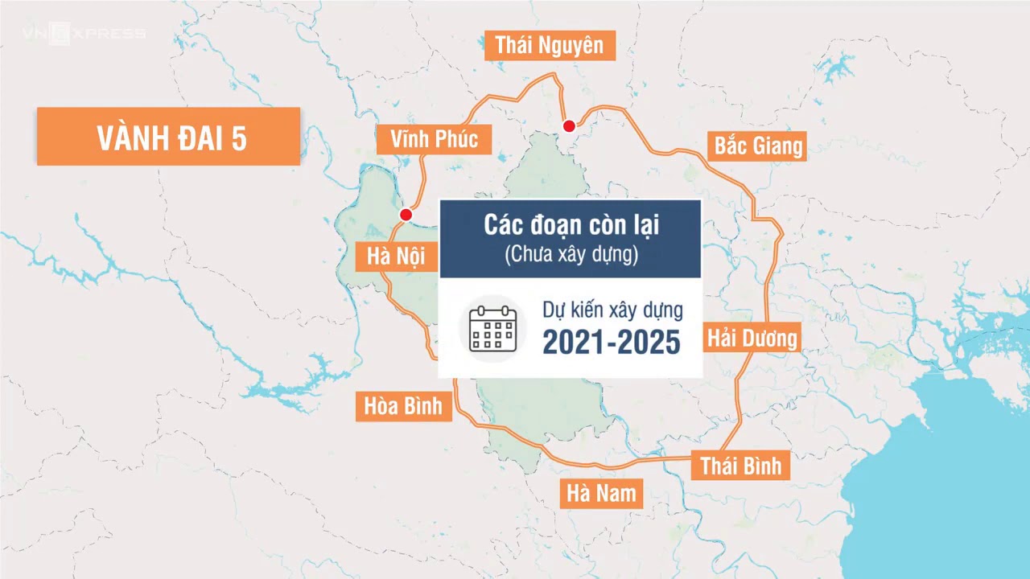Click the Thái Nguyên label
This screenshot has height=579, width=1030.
point(550,45)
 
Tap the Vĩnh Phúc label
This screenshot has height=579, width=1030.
point(434,139)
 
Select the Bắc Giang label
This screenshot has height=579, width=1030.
point(758,146)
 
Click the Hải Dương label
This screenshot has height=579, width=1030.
point(752,338)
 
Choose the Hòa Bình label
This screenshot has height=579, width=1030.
point(403,406)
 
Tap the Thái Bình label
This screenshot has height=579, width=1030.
point(740,466)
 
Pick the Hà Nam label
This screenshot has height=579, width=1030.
point(601,493)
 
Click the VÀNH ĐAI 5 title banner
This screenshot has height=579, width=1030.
point(169,138)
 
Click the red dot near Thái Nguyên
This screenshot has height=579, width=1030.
point(569,125)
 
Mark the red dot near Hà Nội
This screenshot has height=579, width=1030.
point(406,215)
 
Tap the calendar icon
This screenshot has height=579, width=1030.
point(492,328)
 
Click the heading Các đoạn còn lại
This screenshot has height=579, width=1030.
point(571,226)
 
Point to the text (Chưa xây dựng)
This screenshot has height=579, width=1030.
point(571,255)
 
